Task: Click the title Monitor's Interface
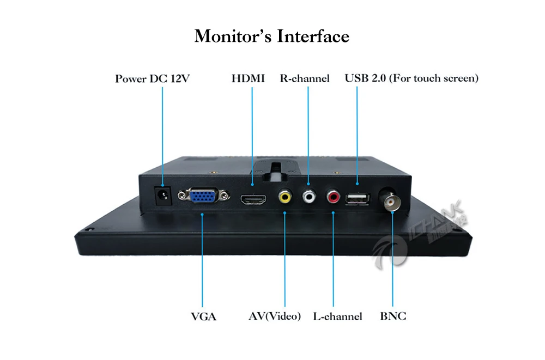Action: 272,36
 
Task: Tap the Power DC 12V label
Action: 152,78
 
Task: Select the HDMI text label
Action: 248,78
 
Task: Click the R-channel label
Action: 305,78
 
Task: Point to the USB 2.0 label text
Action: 411,78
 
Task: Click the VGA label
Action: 203,316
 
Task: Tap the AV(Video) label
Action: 275,316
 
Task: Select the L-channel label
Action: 338,316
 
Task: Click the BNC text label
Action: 393,316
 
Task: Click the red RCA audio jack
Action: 334,196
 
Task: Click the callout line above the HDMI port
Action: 252,136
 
